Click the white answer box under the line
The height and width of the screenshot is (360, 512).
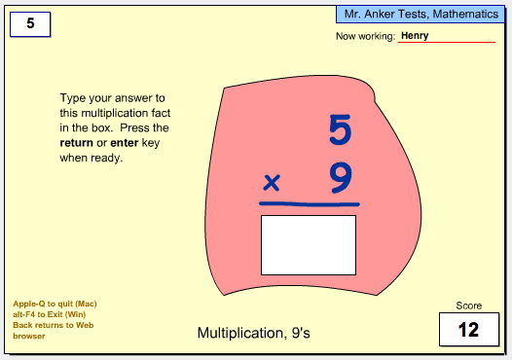(309, 245)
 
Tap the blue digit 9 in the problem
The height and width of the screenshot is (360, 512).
(341, 178)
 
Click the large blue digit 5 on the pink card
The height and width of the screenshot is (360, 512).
(341, 129)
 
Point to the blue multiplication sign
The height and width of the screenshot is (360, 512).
(272, 183)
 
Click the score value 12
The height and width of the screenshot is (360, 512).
(468, 330)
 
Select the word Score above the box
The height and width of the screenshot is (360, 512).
(469, 306)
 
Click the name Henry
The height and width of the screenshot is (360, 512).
(415, 36)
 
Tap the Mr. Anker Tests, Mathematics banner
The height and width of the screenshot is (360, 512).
(421, 15)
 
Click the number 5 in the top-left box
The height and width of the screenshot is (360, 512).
(30, 23)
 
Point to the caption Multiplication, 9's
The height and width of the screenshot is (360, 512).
(254, 333)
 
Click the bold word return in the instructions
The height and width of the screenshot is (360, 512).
(76, 143)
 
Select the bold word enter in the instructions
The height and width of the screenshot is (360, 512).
(125, 143)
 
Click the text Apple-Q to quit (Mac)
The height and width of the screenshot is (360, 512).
(55, 304)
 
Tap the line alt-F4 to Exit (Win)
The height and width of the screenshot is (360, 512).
(50, 314)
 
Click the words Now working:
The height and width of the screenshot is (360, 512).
(365, 36)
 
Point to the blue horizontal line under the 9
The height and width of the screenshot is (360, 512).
(310, 204)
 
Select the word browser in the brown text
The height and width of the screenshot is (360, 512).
(29, 337)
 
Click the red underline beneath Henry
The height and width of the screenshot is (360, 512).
(447, 42)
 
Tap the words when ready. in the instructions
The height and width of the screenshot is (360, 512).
(91, 158)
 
